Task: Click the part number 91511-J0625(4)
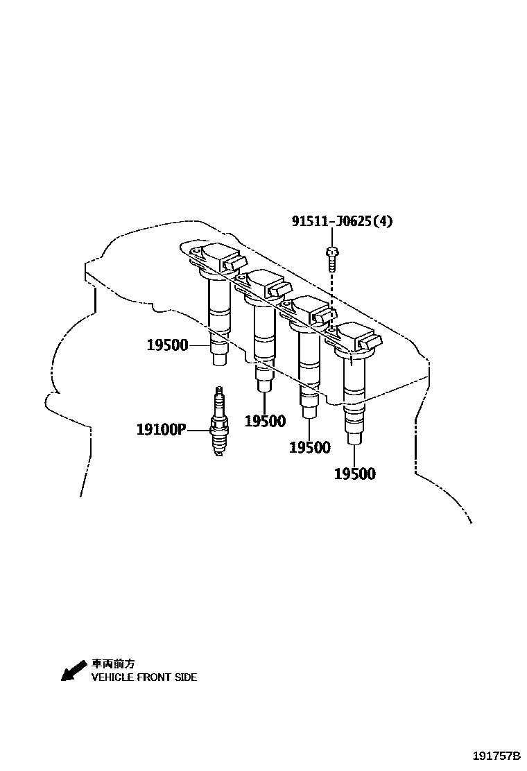[x=342, y=222]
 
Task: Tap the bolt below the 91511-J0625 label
[x=332, y=258]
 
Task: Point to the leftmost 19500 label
[x=167, y=345]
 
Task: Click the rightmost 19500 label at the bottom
[x=354, y=474]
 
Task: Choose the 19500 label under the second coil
[x=265, y=422]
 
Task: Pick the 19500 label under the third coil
[x=309, y=448]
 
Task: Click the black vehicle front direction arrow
[x=71, y=670]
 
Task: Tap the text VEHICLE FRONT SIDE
[x=144, y=677]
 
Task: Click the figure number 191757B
[x=496, y=755]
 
